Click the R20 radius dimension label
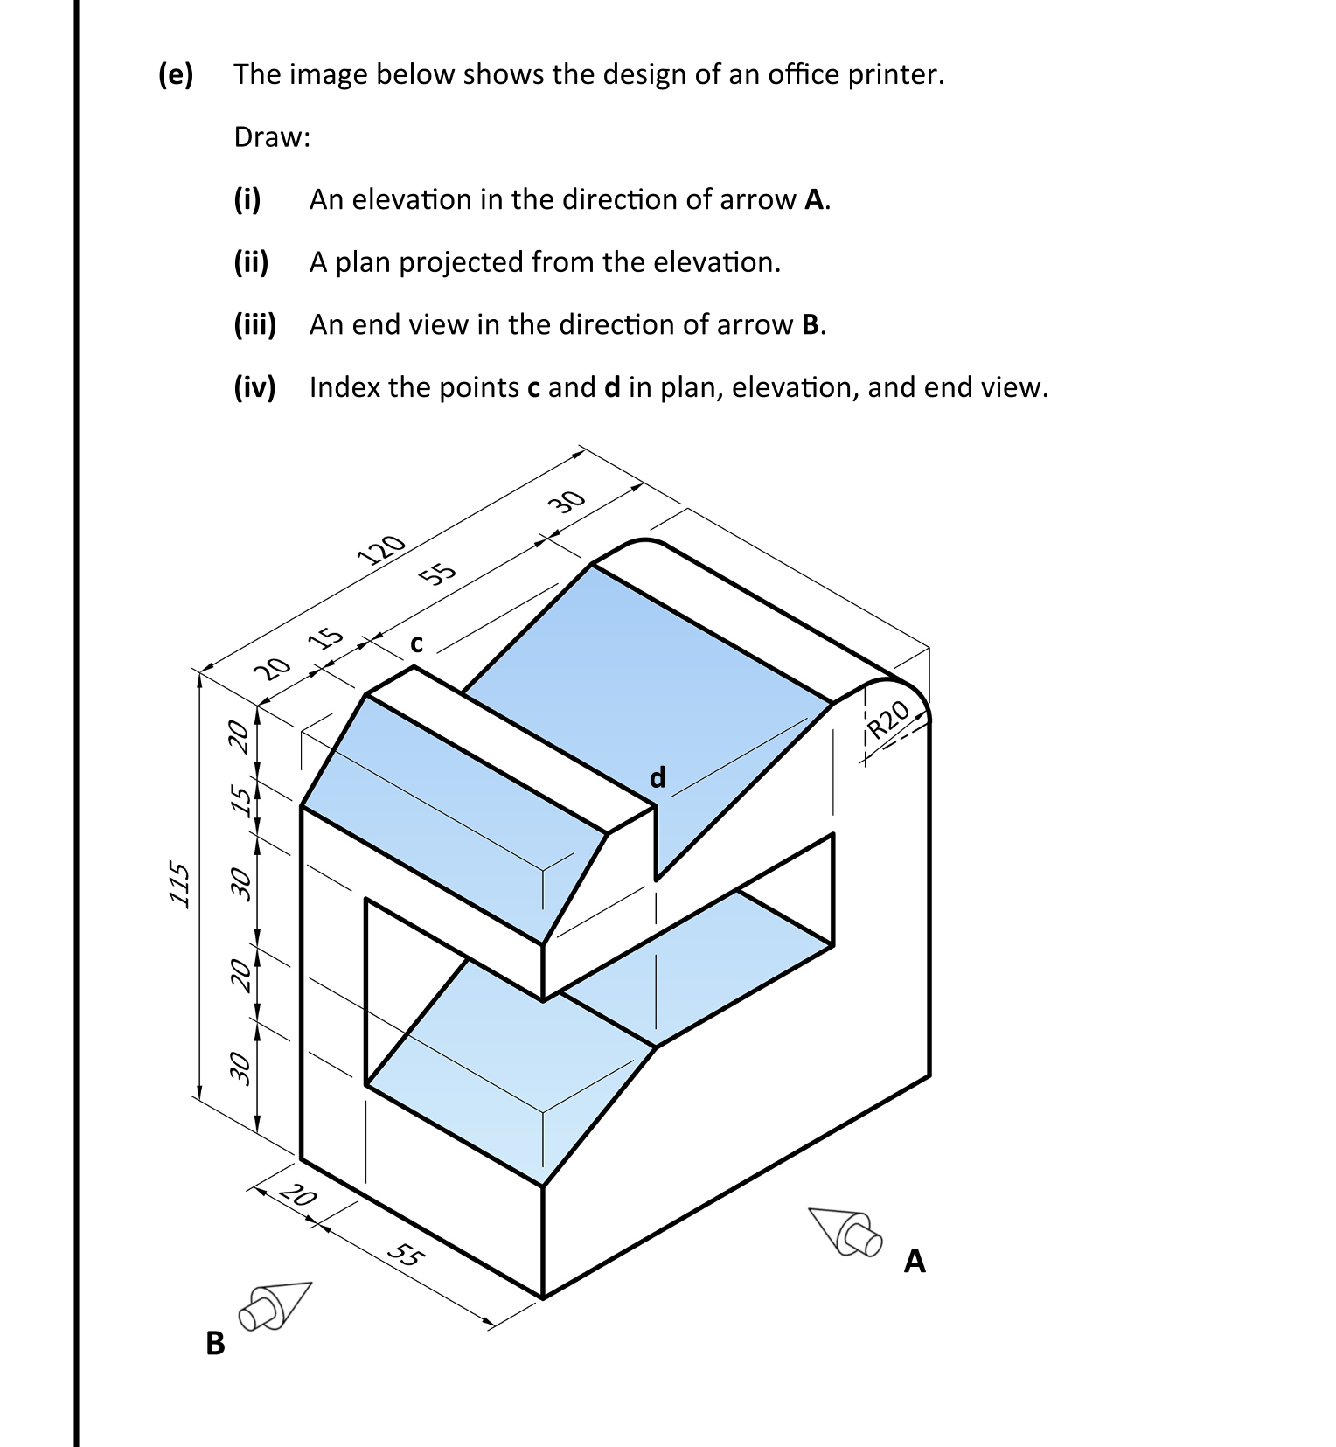click(x=890, y=720)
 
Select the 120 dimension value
click(x=382, y=549)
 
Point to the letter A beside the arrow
click(x=915, y=1261)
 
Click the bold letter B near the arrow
click(x=215, y=1342)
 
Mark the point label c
click(x=417, y=643)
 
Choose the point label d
click(x=658, y=776)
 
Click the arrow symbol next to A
click(x=845, y=1229)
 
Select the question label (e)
click(x=176, y=74)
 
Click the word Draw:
click(x=272, y=137)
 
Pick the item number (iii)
click(x=254, y=324)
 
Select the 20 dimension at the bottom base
click(x=299, y=1193)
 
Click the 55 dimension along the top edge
click(x=438, y=574)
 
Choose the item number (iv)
click(x=254, y=386)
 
